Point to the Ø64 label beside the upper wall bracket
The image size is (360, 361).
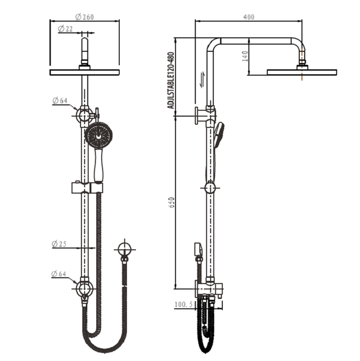pyautogui.click(x=60, y=101)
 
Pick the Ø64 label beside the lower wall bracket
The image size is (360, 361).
pyautogui.click(x=60, y=274)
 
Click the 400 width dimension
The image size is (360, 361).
pyautogui.click(x=249, y=17)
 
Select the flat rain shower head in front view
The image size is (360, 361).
pyautogui.click(x=85, y=73)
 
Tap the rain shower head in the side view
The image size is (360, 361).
pyautogui.click(x=302, y=71)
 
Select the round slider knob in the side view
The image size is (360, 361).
pyautogui.click(x=211, y=188)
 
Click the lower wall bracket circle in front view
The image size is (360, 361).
pyautogui.click(x=85, y=289)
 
